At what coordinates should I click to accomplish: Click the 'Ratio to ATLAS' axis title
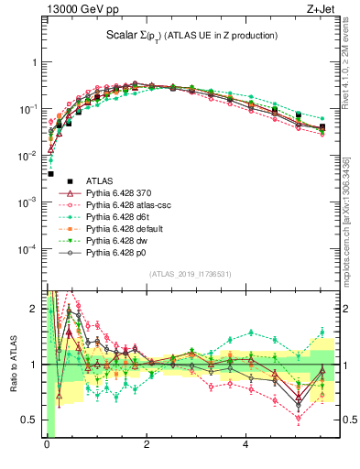point(13,365)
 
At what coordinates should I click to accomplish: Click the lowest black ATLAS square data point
point(50,173)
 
